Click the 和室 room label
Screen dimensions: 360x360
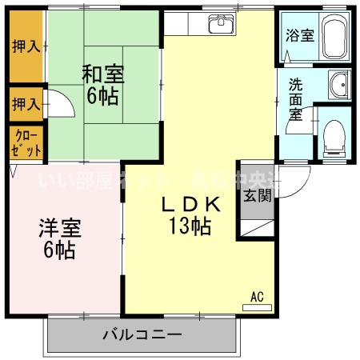coord(102,74)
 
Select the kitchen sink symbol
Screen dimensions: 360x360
coord(219,24)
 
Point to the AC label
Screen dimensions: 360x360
coord(257,296)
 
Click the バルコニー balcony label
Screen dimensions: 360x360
coord(142,334)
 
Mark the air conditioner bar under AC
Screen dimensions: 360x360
coord(257,306)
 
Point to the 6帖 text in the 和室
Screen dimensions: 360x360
coord(102,97)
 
